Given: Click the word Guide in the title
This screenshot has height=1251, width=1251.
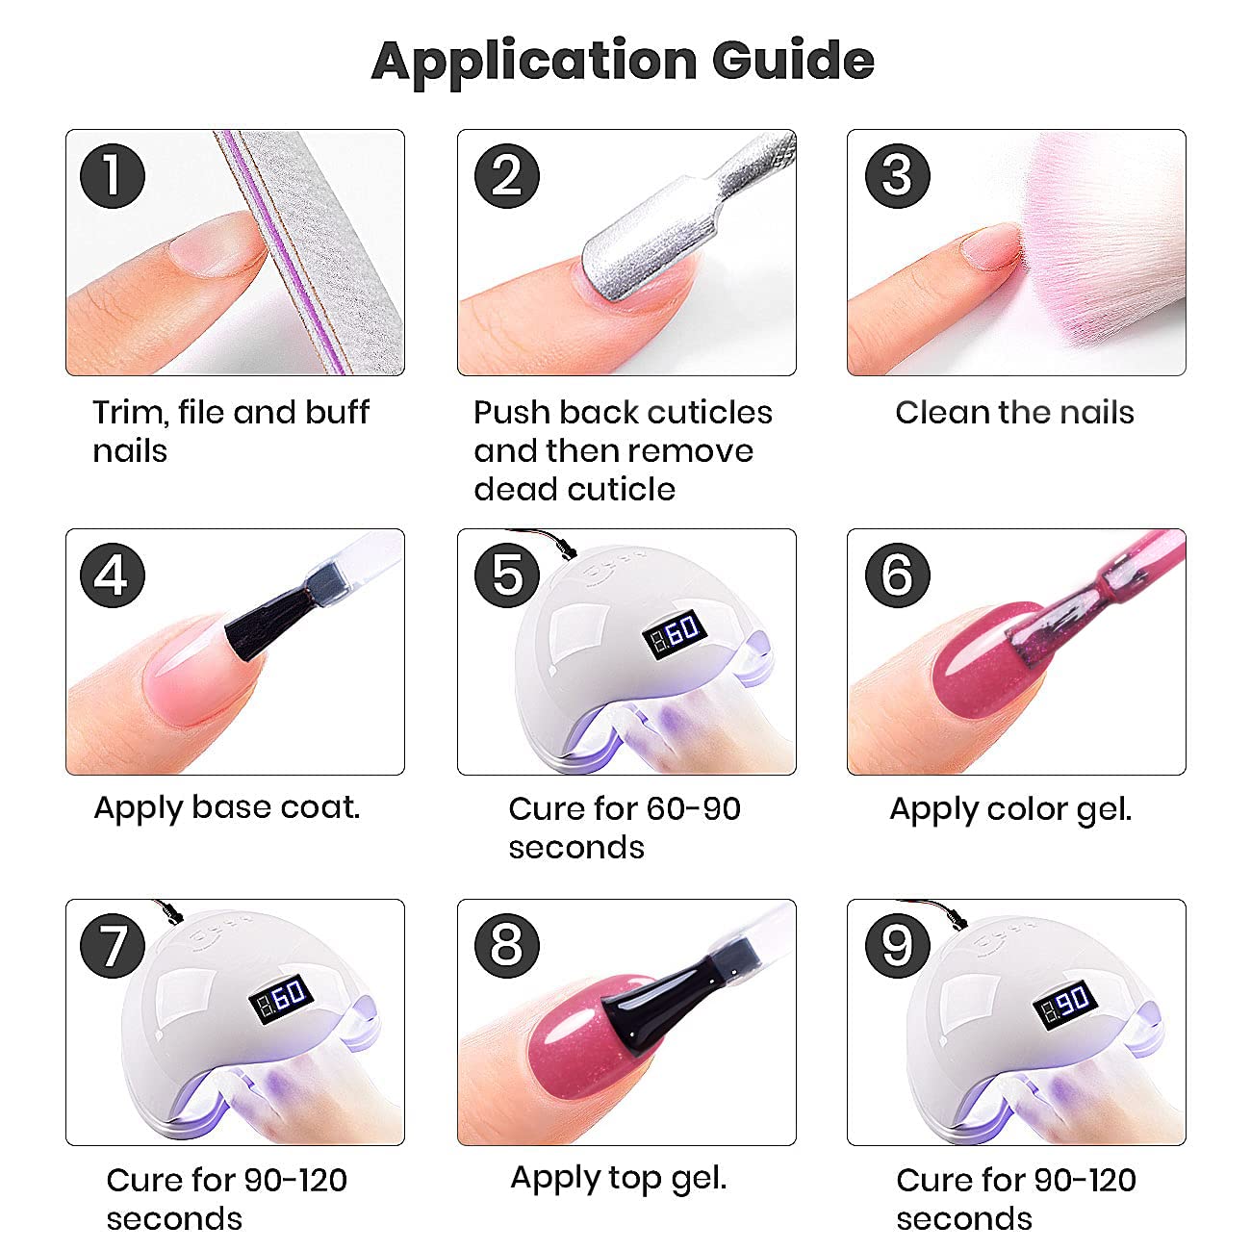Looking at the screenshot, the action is (793, 60).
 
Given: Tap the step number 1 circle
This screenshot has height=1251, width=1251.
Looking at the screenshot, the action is (113, 176).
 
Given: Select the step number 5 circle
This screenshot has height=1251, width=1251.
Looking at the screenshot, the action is (507, 575).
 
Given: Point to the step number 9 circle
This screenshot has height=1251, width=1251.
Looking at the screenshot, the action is (898, 946).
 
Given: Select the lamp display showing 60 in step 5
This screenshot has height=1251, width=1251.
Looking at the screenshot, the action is (676, 633).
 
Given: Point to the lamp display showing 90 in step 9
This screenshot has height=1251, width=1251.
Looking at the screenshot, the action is (1065, 1004).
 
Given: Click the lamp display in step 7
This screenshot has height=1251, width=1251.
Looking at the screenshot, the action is (282, 999).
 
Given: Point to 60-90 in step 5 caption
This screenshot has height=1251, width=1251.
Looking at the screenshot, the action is (693, 809).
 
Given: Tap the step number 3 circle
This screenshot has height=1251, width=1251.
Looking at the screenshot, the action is (898, 176).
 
